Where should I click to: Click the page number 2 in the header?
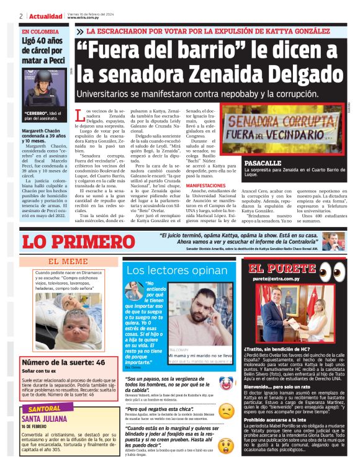pyautogui.click(x=20, y=16)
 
